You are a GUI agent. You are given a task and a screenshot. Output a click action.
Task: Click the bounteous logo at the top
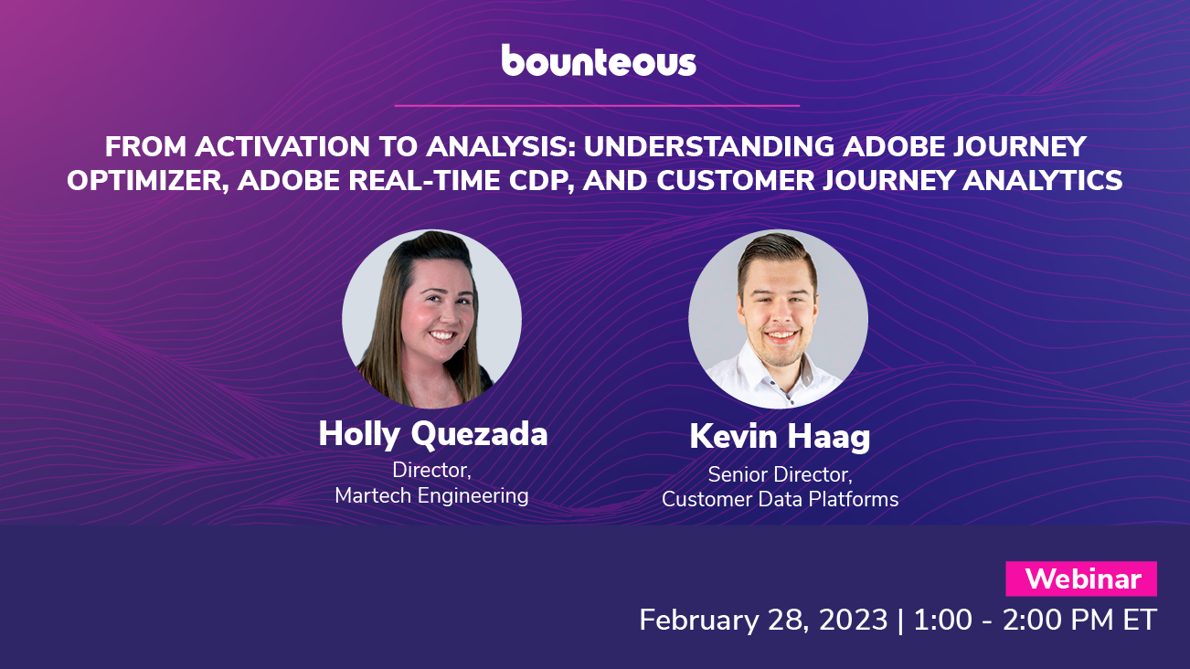click(599, 60)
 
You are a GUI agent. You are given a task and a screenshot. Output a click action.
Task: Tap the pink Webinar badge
click(1081, 579)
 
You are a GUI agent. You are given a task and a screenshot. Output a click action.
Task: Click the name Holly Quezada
click(432, 433)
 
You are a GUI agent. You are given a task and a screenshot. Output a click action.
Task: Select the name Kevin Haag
click(780, 437)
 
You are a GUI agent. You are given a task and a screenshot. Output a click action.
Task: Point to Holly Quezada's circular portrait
click(431, 318)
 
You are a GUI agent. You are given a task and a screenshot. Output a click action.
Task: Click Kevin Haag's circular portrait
click(778, 318)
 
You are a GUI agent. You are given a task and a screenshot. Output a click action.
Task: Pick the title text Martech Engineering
click(431, 496)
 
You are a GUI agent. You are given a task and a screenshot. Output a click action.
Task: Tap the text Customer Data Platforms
click(780, 500)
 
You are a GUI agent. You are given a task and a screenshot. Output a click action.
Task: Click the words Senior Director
click(780, 475)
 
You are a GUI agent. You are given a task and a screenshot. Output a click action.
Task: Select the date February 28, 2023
click(763, 620)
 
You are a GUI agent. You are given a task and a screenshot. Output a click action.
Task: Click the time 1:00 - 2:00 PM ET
click(1034, 620)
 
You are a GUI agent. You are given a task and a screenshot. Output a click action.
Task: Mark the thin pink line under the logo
click(597, 106)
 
